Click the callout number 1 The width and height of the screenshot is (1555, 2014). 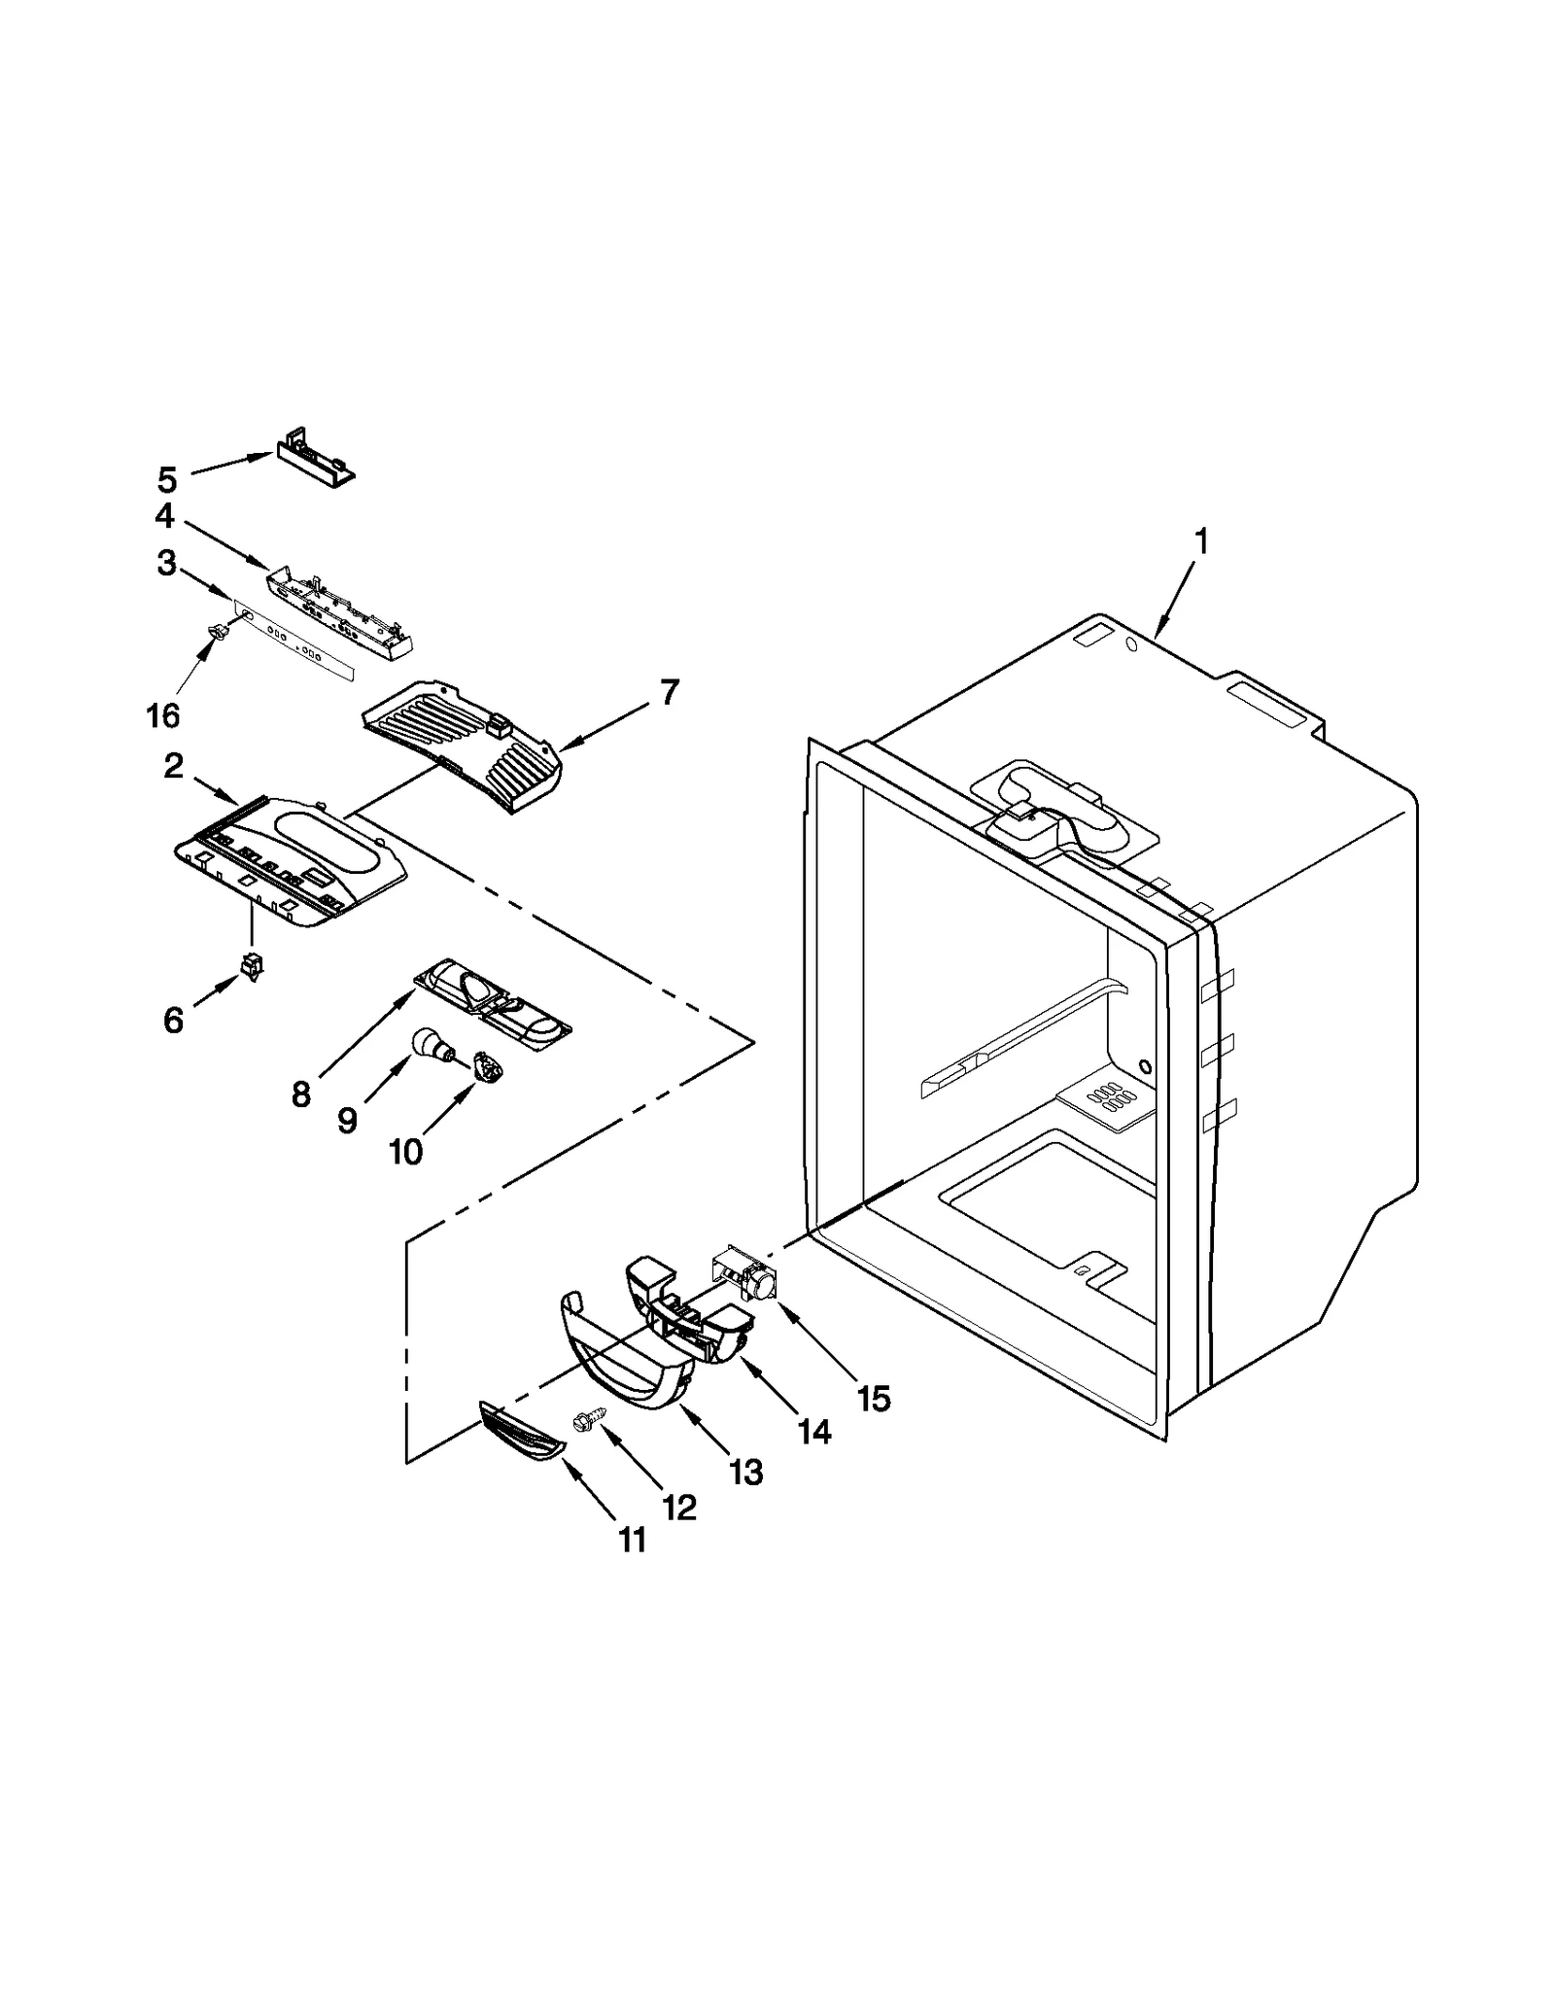click(1201, 541)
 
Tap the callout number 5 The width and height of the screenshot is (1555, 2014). click(167, 479)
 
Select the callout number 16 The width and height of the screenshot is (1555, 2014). click(163, 714)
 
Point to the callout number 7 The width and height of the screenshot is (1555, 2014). click(670, 692)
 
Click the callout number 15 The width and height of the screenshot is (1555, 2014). click(873, 1399)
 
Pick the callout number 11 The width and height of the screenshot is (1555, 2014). click(633, 1540)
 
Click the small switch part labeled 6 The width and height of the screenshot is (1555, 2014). click(252, 968)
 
